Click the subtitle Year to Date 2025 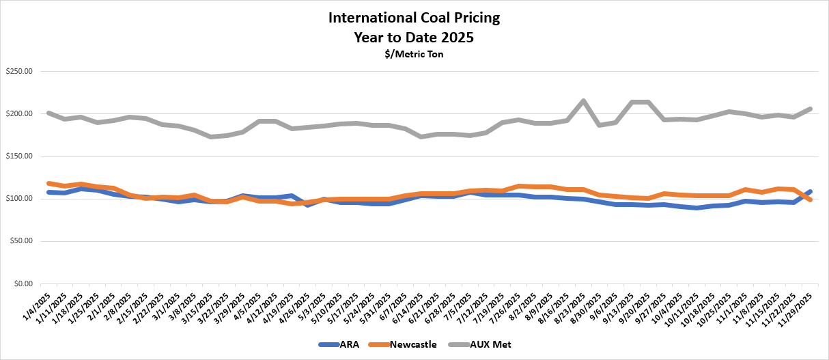click(x=414, y=37)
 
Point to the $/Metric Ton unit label click(x=414, y=55)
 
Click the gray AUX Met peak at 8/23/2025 click(x=583, y=101)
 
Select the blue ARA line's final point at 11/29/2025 click(x=810, y=191)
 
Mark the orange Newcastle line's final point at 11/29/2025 click(x=810, y=199)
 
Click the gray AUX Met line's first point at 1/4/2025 click(x=48, y=113)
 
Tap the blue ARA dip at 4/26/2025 click(x=308, y=205)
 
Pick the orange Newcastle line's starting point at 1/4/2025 click(x=48, y=183)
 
